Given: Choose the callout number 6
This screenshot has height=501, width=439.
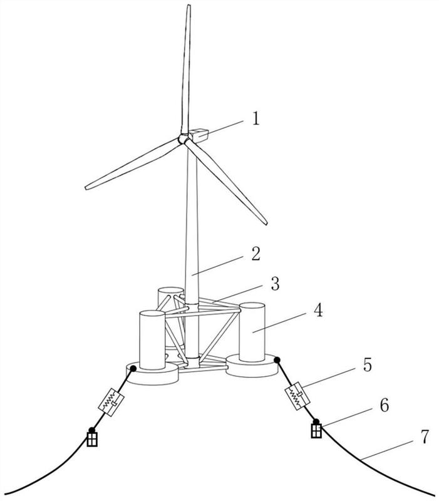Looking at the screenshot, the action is coord(383,405).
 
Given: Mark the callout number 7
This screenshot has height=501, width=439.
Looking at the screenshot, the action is coord(426,437).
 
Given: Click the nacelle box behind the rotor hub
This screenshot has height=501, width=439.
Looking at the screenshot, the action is coord(199,133).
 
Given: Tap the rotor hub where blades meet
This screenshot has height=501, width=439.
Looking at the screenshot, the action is coord(183,140).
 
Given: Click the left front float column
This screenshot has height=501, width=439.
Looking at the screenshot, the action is coord(151,340).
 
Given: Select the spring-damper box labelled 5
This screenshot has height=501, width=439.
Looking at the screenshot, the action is coord(298,396).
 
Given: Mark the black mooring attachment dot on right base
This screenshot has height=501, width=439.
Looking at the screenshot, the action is coord(276,360).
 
